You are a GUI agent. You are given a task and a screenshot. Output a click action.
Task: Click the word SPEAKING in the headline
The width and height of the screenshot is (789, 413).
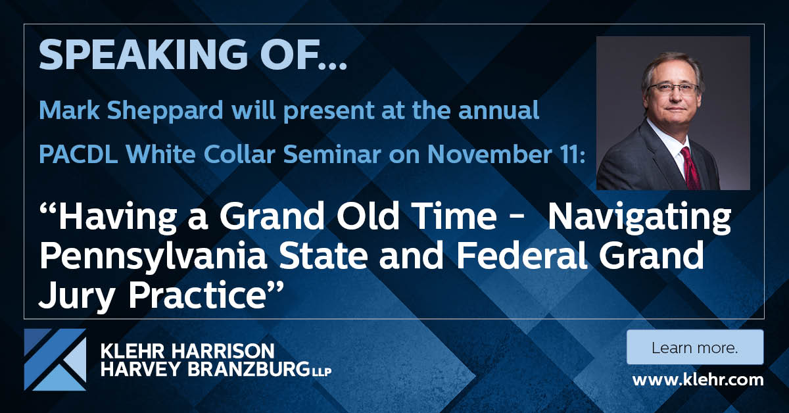tap(143, 55)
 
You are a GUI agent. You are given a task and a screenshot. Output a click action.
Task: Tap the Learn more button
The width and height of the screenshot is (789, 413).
tap(695, 347)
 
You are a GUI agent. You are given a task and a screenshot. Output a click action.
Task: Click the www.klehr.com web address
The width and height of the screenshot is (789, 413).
tap(698, 380)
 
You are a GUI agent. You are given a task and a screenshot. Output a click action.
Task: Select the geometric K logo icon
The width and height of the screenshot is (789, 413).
tap(55, 360)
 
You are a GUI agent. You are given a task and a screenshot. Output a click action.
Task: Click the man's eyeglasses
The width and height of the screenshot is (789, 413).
tap(673, 88)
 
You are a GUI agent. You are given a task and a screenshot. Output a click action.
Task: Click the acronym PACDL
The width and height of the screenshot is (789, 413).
tap(78, 155)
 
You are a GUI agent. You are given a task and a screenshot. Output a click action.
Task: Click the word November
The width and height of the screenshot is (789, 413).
tap(490, 155)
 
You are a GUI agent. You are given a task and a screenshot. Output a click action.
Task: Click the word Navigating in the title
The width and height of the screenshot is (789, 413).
tap(640, 218)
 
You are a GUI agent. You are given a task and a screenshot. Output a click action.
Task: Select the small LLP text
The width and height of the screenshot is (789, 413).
tap(321, 372)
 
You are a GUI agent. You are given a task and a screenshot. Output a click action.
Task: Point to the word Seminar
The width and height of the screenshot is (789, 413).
tap(332, 155)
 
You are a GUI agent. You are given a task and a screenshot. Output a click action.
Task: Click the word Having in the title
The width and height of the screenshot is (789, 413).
tap(117, 218)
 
